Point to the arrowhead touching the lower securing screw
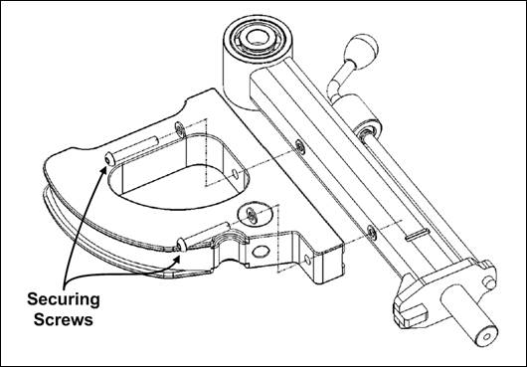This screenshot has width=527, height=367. coord(178,254)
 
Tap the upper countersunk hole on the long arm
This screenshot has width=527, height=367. coord(299,144)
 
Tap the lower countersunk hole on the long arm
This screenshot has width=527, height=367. coord(370,231)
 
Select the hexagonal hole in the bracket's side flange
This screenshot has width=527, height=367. coord(262,253)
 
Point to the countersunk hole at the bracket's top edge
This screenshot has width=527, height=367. coord(178,125)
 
